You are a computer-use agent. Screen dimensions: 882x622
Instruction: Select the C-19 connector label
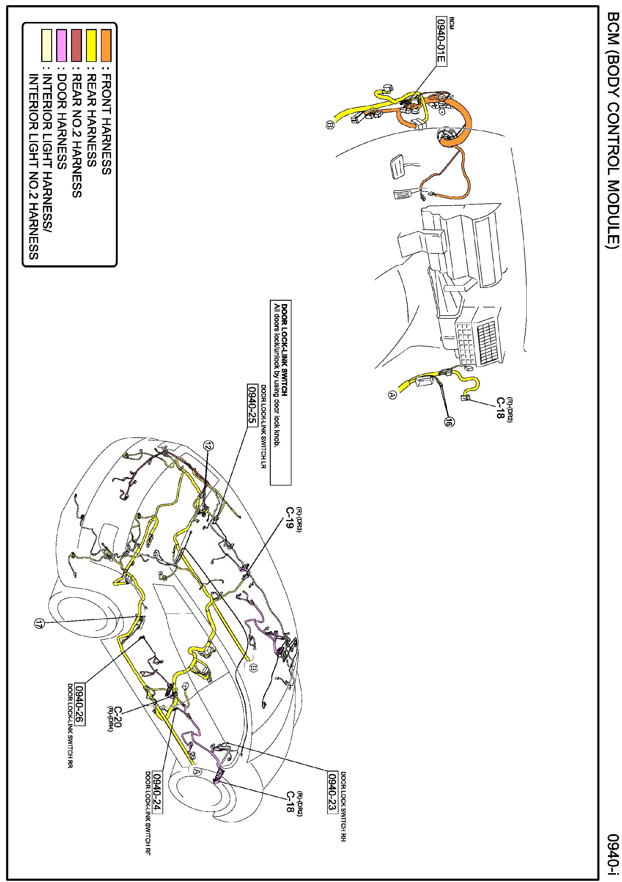click(290, 518)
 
